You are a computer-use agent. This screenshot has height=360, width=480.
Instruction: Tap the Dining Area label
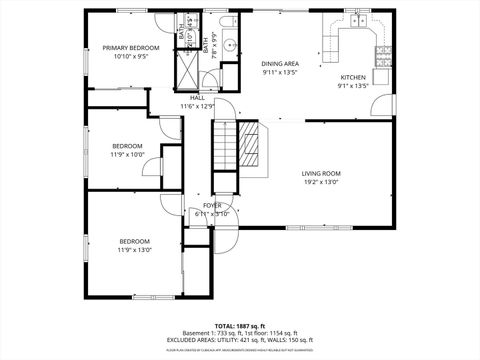coord(280,62)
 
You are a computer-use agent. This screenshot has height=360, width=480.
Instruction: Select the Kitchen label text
coord(354,77)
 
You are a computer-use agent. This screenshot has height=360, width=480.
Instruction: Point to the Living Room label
coord(321,174)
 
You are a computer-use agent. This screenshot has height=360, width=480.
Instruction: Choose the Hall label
coord(197,97)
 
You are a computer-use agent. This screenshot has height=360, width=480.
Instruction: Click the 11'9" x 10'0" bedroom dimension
coord(127,155)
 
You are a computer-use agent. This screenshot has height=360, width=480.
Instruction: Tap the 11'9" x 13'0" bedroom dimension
coord(135,250)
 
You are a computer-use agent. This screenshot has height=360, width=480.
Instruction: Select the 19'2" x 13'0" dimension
coord(321,182)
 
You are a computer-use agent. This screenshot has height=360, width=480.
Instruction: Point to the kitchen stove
coord(382,52)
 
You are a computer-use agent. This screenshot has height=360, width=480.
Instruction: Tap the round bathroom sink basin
coord(228,44)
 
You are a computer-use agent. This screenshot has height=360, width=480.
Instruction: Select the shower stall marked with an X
coord(187,67)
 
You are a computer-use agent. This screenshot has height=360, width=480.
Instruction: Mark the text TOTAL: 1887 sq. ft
coord(239,326)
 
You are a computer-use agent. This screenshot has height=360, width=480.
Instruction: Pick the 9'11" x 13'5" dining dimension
coord(280,71)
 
